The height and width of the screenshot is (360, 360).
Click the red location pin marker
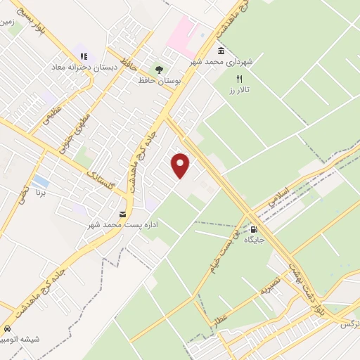click(181, 165)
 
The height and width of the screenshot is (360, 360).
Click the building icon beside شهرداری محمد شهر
click(221, 51)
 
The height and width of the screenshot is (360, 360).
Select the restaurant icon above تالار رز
click(239, 79)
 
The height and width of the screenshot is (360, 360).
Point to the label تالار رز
click(239, 90)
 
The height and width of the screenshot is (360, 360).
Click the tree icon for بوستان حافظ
click(159, 70)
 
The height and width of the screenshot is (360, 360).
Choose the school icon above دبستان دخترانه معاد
click(83, 56)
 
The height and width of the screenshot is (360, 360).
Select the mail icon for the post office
click(123, 214)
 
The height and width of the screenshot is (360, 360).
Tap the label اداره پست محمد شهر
click(123, 224)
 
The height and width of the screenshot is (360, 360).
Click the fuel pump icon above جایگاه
click(253, 229)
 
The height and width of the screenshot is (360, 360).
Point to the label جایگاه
click(253, 240)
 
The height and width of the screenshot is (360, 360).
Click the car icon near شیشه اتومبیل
click(7, 328)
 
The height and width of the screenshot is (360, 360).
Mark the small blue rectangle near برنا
click(41, 181)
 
